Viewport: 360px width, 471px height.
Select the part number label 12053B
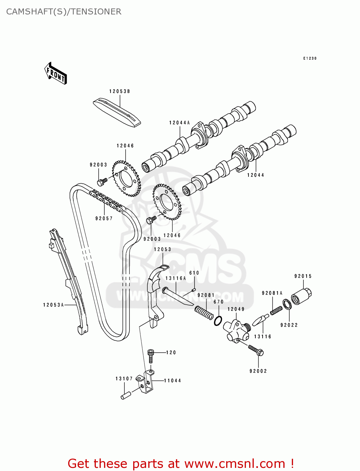tap(119, 91)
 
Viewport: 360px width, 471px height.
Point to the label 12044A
tap(179, 123)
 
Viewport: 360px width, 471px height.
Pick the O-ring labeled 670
tap(218, 321)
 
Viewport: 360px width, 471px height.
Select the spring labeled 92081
tap(204, 313)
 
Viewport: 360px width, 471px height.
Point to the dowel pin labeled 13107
tap(126, 395)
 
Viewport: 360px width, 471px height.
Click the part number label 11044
tap(172, 381)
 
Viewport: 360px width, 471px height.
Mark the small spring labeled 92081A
tap(276, 310)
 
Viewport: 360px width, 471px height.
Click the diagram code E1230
tap(310, 58)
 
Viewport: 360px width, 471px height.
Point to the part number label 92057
tap(104, 219)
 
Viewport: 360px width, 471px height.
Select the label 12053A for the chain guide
tap(53, 305)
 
